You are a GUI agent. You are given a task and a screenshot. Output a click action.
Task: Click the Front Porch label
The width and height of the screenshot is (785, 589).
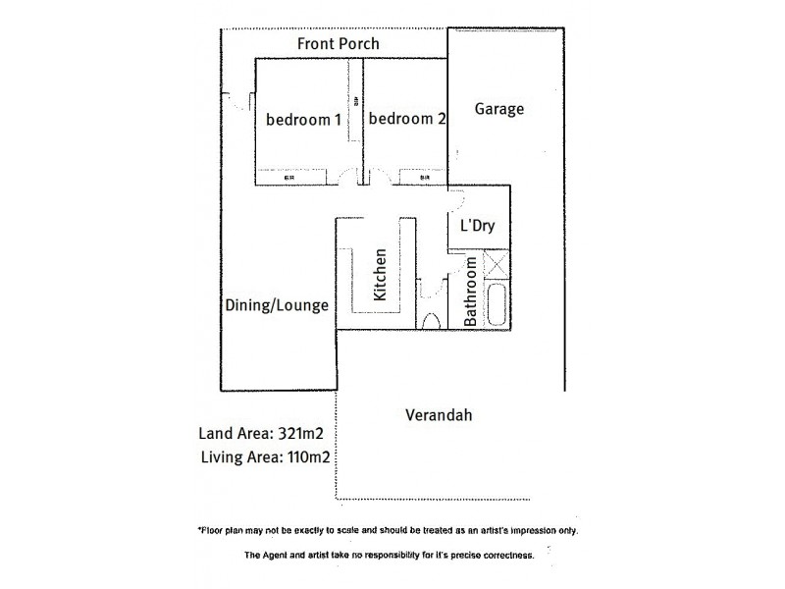pyautogui.click(x=339, y=44)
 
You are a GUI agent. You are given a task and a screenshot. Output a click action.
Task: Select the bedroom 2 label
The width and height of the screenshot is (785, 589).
pyautogui.click(x=408, y=120)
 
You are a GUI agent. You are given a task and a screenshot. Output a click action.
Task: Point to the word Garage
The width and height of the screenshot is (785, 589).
pyautogui.click(x=499, y=109)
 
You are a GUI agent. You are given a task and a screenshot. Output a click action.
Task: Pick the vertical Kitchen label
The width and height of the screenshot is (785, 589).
pyautogui.click(x=381, y=275)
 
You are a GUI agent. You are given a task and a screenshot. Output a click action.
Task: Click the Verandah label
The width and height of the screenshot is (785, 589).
pyautogui.click(x=439, y=415)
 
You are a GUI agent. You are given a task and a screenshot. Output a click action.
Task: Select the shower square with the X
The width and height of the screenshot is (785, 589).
pyautogui.click(x=497, y=265)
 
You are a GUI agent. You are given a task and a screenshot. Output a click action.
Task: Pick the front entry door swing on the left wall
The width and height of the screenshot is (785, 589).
pyautogui.click(x=234, y=101)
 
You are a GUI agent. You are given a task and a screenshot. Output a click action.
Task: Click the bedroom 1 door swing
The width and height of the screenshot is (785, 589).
pyautogui.click(x=345, y=177)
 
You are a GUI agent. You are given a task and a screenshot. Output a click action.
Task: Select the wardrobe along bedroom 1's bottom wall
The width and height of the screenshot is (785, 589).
pyautogui.click(x=290, y=179)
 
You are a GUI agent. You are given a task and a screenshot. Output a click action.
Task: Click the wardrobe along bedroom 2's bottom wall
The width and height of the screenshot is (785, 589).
pyautogui.click(x=423, y=179)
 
